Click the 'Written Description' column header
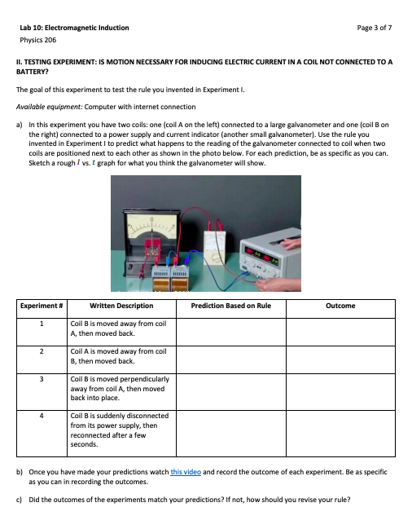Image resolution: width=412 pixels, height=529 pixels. [x=121, y=306]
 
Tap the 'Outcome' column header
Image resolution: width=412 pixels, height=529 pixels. [x=340, y=306]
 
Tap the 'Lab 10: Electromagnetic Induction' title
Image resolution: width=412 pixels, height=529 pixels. [x=73, y=28]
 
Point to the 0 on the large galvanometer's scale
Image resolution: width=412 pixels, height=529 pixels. [x=152, y=198]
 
